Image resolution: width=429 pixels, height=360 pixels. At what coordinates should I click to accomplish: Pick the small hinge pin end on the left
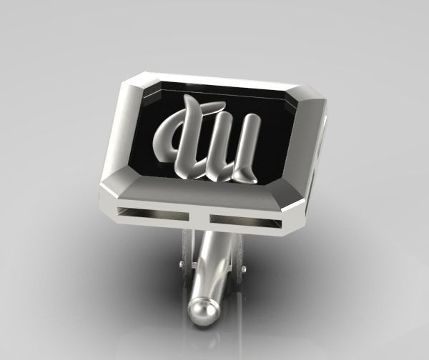(x=180, y=266)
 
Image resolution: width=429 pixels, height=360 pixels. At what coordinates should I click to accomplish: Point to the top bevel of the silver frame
(x=222, y=80)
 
